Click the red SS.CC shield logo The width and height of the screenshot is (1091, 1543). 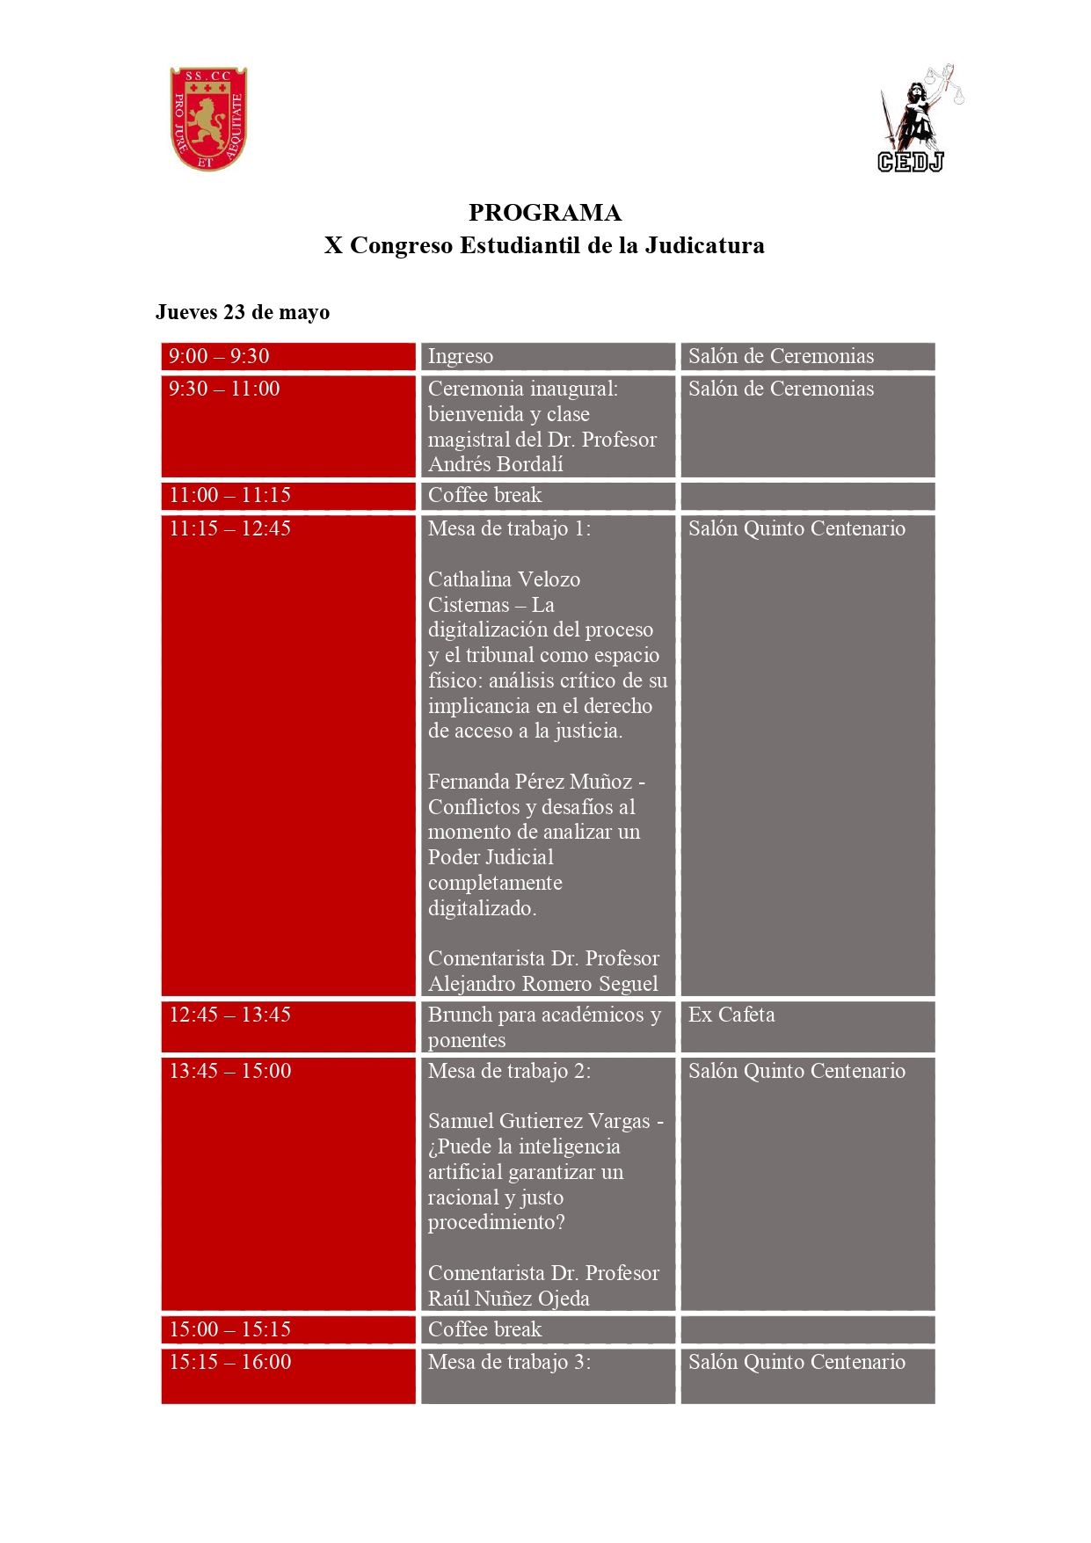(x=208, y=119)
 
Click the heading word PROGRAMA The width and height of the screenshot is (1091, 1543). (x=544, y=213)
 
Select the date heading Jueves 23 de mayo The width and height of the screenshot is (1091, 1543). (x=243, y=312)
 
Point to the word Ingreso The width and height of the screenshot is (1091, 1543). (x=460, y=356)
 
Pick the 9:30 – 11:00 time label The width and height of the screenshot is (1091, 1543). (x=224, y=389)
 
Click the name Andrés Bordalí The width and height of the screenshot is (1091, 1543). (x=495, y=464)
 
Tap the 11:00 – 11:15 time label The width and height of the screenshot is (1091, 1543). (x=229, y=495)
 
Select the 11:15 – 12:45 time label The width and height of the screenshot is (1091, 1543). (x=229, y=528)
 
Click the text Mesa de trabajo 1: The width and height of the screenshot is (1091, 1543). (x=509, y=528)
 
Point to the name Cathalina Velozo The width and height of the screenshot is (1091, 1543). (x=504, y=579)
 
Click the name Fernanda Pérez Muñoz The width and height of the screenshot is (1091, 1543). (x=530, y=782)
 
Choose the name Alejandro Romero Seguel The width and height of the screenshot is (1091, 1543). (x=542, y=984)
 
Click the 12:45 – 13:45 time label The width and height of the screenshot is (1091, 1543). (x=229, y=1015)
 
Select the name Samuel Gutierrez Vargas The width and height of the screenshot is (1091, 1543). (x=539, y=1121)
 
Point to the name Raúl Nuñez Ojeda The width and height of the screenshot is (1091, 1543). (x=508, y=1299)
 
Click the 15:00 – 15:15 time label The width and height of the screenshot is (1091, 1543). (x=229, y=1329)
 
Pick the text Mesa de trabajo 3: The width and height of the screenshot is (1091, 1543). (x=509, y=1362)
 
